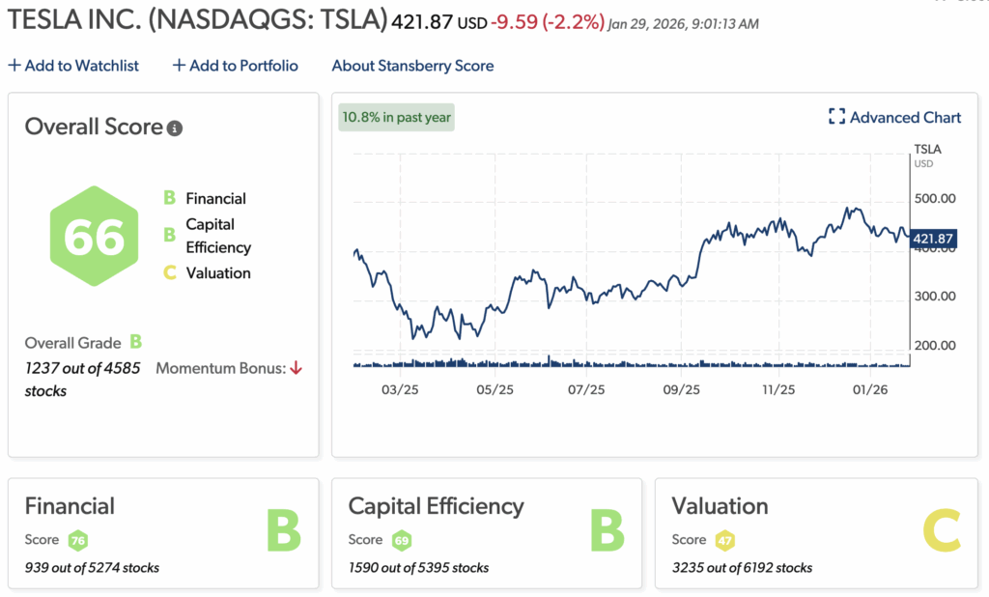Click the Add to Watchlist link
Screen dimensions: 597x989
point(73,66)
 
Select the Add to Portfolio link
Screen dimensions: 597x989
point(235,66)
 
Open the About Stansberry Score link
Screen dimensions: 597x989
point(412,66)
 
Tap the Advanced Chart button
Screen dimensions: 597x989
point(894,117)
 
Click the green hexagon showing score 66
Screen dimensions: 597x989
point(95,237)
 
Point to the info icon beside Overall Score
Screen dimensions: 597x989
point(175,128)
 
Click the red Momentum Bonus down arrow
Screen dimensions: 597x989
point(297,368)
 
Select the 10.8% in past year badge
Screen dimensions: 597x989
point(396,118)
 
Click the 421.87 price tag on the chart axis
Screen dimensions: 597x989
point(933,239)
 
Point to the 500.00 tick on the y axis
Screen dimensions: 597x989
point(934,198)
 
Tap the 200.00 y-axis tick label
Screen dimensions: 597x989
point(934,345)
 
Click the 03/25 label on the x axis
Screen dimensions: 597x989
point(400,390)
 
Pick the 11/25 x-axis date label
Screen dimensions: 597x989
point(778,390)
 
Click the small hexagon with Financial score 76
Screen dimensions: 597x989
point(78,540)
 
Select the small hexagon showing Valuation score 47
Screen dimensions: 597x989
point(724,540)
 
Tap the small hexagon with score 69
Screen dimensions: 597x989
point(402,540)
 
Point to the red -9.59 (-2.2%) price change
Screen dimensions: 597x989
point(548,19)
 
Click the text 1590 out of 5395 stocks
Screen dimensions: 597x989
point(418,567)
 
